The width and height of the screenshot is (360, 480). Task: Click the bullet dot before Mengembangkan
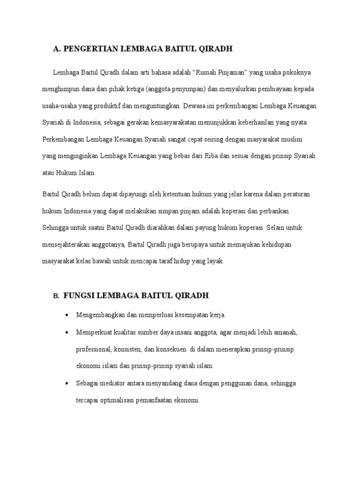(67, 315)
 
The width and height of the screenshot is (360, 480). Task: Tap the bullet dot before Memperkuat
(67, 332)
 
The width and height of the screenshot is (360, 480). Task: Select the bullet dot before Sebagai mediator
(67, 383)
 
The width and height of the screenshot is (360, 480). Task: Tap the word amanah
(286, 332)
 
